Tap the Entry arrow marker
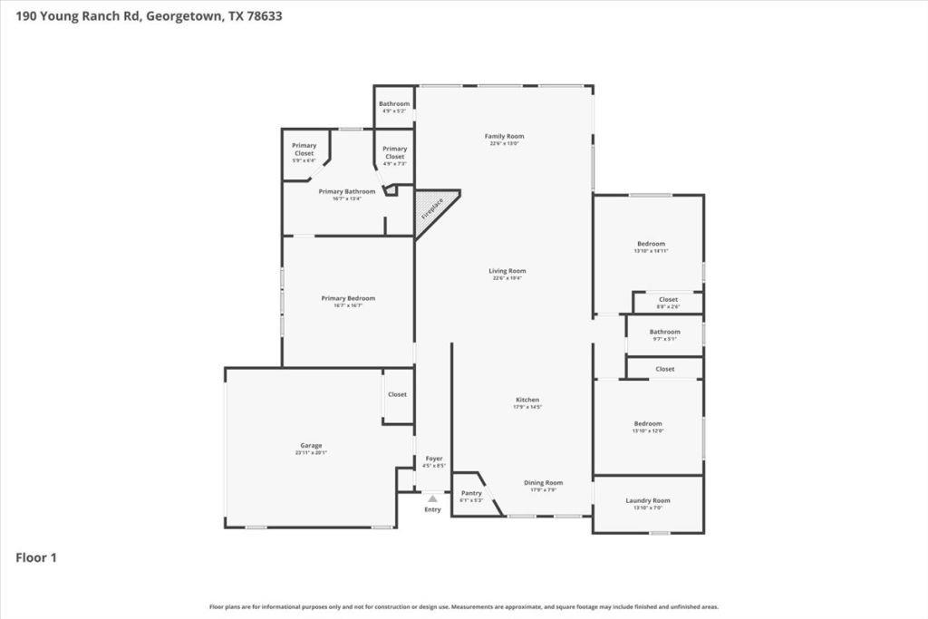point(433,498)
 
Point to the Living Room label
point(507,271)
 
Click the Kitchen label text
point(527,400)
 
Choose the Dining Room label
point(543,483)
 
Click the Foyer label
point(434,459)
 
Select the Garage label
point(311,446)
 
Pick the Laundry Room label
point(647,501)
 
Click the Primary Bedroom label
point(348,298)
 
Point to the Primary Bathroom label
point(346,191)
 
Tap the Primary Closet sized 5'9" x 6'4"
point(304,150)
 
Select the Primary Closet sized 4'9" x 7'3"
point(394,152)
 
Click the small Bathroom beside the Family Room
point(394,104)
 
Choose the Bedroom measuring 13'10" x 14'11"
point(651,244)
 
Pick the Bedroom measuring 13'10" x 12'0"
point(647,424)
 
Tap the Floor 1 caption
point(36,558)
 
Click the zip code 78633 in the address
point(263,15)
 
